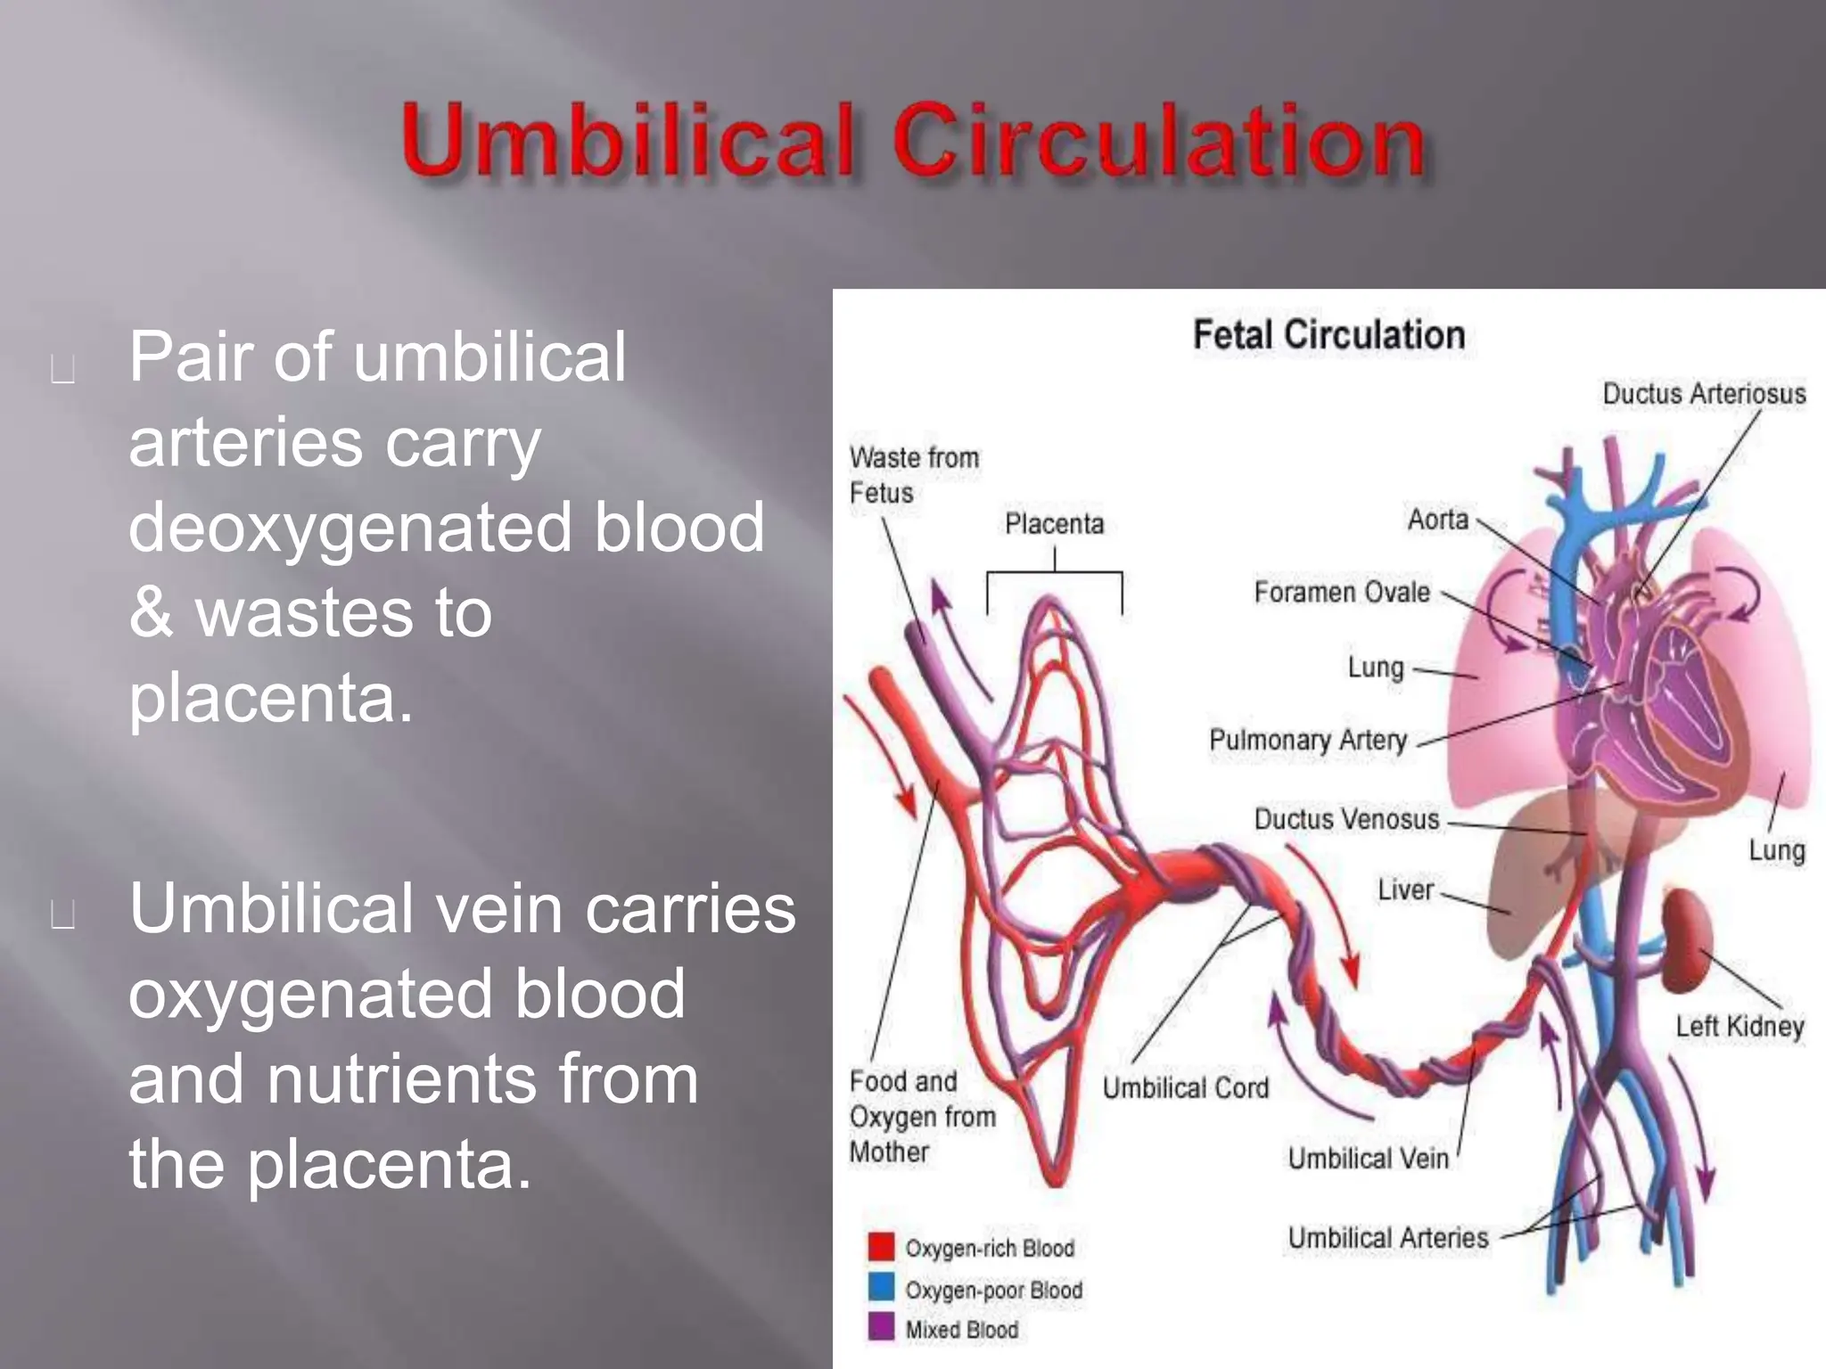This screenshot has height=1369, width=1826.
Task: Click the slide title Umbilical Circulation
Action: coord(913,141)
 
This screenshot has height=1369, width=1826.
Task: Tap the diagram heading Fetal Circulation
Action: coord(1328,335)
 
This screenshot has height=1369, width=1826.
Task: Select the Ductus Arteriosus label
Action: coord(1704,394)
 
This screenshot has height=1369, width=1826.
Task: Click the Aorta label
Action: coord(1437,520)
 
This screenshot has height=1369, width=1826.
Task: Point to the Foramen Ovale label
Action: coord(1341,593)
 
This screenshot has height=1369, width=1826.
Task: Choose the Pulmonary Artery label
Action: coord(1308,740)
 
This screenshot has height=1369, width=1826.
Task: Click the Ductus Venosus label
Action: coord(1346,819)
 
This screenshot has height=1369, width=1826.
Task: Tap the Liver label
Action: coord(1405,889)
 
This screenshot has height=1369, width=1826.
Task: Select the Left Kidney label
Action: coord(1739,1027)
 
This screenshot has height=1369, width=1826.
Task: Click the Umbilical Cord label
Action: coord(1185,1088)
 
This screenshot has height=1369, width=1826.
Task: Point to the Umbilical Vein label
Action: coord(1368,1159)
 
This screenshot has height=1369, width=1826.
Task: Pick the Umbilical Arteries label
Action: coord(1387,1238)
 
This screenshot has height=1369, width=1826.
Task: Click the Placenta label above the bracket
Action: coord(1054,524)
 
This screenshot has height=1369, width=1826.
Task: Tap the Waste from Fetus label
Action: coord(913,475)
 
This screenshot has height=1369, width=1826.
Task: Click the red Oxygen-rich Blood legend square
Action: coord(881,1247)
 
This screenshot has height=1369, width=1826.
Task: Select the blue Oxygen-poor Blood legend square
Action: coord(881,1288)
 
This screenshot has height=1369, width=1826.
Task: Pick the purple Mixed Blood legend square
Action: coord(881,1328)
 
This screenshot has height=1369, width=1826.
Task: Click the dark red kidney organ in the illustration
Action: coord(1684,939)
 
